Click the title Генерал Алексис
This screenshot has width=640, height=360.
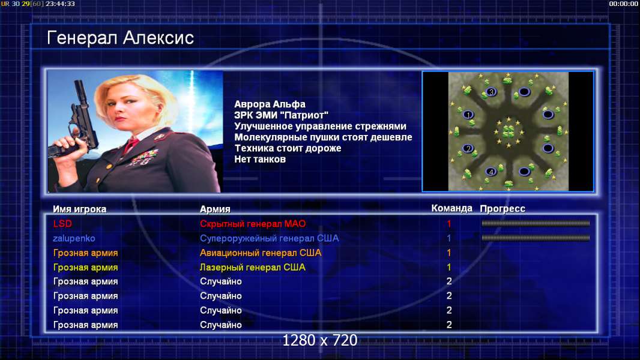point(121,38)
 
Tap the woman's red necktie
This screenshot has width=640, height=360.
point(131,145)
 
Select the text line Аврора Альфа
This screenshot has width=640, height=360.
point(270,104)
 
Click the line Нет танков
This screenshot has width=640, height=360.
point(260,160)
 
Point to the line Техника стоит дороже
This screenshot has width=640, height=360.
point(288,148)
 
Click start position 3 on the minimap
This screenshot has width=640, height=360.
point(492,92)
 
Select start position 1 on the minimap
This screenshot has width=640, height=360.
point(468,115)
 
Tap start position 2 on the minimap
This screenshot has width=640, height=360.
point(468,148)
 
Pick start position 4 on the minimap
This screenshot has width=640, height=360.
point(492,172)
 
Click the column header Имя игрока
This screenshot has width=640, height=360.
point(80,209)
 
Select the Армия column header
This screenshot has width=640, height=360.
point(215,209)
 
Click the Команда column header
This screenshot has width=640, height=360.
point(452,208)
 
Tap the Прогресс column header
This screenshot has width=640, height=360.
point(503,209)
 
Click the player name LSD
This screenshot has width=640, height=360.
point(62,224)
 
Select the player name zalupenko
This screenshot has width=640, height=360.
point(74,239)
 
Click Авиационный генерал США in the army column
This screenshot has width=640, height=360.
point(261,253)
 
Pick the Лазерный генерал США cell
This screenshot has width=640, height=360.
point(253,268)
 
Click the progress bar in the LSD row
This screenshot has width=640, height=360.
point(536,223)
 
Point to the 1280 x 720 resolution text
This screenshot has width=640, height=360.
point(320,340)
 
